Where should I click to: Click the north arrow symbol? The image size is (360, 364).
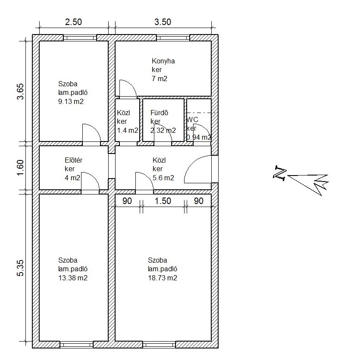[302, 179]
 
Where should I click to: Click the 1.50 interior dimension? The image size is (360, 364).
[163, 201]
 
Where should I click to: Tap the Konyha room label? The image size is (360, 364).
[163, 61]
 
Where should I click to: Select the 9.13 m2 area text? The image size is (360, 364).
[71, 102]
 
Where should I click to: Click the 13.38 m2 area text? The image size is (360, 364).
[72, 278]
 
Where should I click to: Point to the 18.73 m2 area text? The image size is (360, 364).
[162, 278]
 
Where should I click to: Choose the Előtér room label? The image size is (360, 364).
[73, 160]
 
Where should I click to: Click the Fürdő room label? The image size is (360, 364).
[159, 113]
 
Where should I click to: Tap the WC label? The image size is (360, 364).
[192, 119]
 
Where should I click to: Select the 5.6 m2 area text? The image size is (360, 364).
[163, 178]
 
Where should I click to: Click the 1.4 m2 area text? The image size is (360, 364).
[128, 130]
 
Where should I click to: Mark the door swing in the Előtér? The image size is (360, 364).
[90, 180]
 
